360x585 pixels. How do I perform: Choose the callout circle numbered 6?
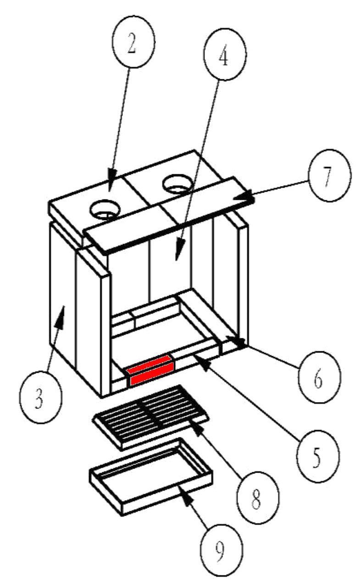click(318, 377)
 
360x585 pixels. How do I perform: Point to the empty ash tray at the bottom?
click(151, 476)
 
